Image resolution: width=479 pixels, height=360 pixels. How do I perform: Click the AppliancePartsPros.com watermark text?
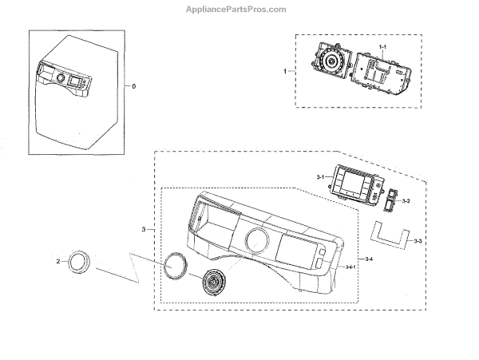coord(239,9)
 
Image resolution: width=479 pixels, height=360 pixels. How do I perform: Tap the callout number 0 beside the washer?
coord(133,85)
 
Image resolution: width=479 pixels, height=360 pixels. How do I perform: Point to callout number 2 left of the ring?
coord(57,261)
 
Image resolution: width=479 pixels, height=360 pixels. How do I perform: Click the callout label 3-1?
coord(320,176)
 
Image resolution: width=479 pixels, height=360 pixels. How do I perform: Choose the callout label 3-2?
coord(406,200)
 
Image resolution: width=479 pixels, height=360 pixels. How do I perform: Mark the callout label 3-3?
coord(418,239)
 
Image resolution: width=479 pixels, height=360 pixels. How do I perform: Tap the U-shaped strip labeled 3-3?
coord(386,236)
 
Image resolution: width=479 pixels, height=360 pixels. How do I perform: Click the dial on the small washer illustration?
coord(59,78)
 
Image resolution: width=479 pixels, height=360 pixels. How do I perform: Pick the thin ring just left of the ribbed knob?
coord(177,264)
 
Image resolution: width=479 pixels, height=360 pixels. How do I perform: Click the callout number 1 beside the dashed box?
coord(285,72)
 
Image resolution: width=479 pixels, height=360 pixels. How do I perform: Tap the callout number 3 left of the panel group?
coord(142,230)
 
